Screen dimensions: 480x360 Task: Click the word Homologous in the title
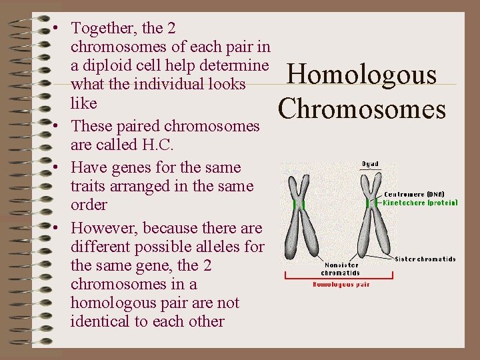361,74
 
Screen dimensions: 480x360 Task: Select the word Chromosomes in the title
363,109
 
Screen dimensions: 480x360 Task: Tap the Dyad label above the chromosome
370,164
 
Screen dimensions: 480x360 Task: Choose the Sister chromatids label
425,259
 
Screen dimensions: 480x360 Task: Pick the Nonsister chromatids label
341,268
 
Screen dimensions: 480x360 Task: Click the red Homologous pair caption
341,285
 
